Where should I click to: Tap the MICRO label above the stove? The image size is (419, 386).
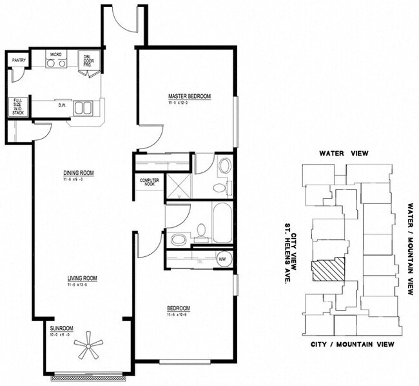(x=56, y=56)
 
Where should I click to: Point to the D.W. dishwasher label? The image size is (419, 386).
(x=63, y=105)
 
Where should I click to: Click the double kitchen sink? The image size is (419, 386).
(x=83, y=107)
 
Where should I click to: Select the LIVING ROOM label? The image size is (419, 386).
(x=82, y=279)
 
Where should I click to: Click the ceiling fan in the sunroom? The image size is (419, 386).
(x=87, y=348)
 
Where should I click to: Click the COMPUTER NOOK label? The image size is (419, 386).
(x=150, y=182)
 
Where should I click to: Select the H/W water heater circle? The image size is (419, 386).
(x=222, y=259)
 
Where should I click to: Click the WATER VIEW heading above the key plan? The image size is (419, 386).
(x=350, y=154)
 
